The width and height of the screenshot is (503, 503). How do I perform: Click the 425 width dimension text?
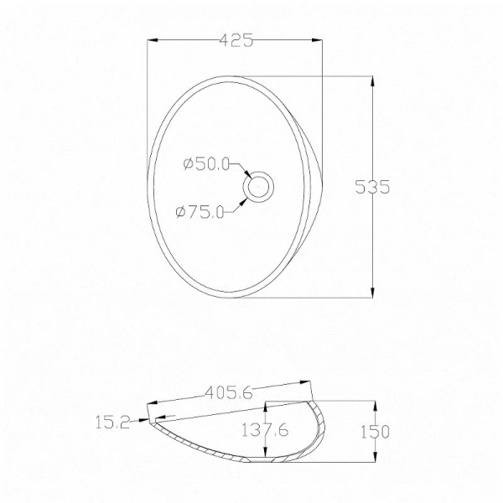click(236, 40)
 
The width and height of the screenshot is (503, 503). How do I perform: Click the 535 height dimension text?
click(372, 187)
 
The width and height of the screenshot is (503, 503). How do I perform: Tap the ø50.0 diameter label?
click(206, 164)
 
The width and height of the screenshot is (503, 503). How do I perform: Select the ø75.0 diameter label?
click(200, 212)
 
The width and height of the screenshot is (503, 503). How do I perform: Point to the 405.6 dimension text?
click(229, 392)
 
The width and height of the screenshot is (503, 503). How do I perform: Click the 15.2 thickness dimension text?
click(112, 422)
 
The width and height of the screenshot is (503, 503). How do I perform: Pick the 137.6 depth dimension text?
click(265, 430)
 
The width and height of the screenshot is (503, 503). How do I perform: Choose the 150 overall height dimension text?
click(375, 432)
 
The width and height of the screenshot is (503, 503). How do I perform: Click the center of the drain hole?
click(258, 187)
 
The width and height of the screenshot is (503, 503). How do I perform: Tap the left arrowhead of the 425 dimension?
click(152, 40)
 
